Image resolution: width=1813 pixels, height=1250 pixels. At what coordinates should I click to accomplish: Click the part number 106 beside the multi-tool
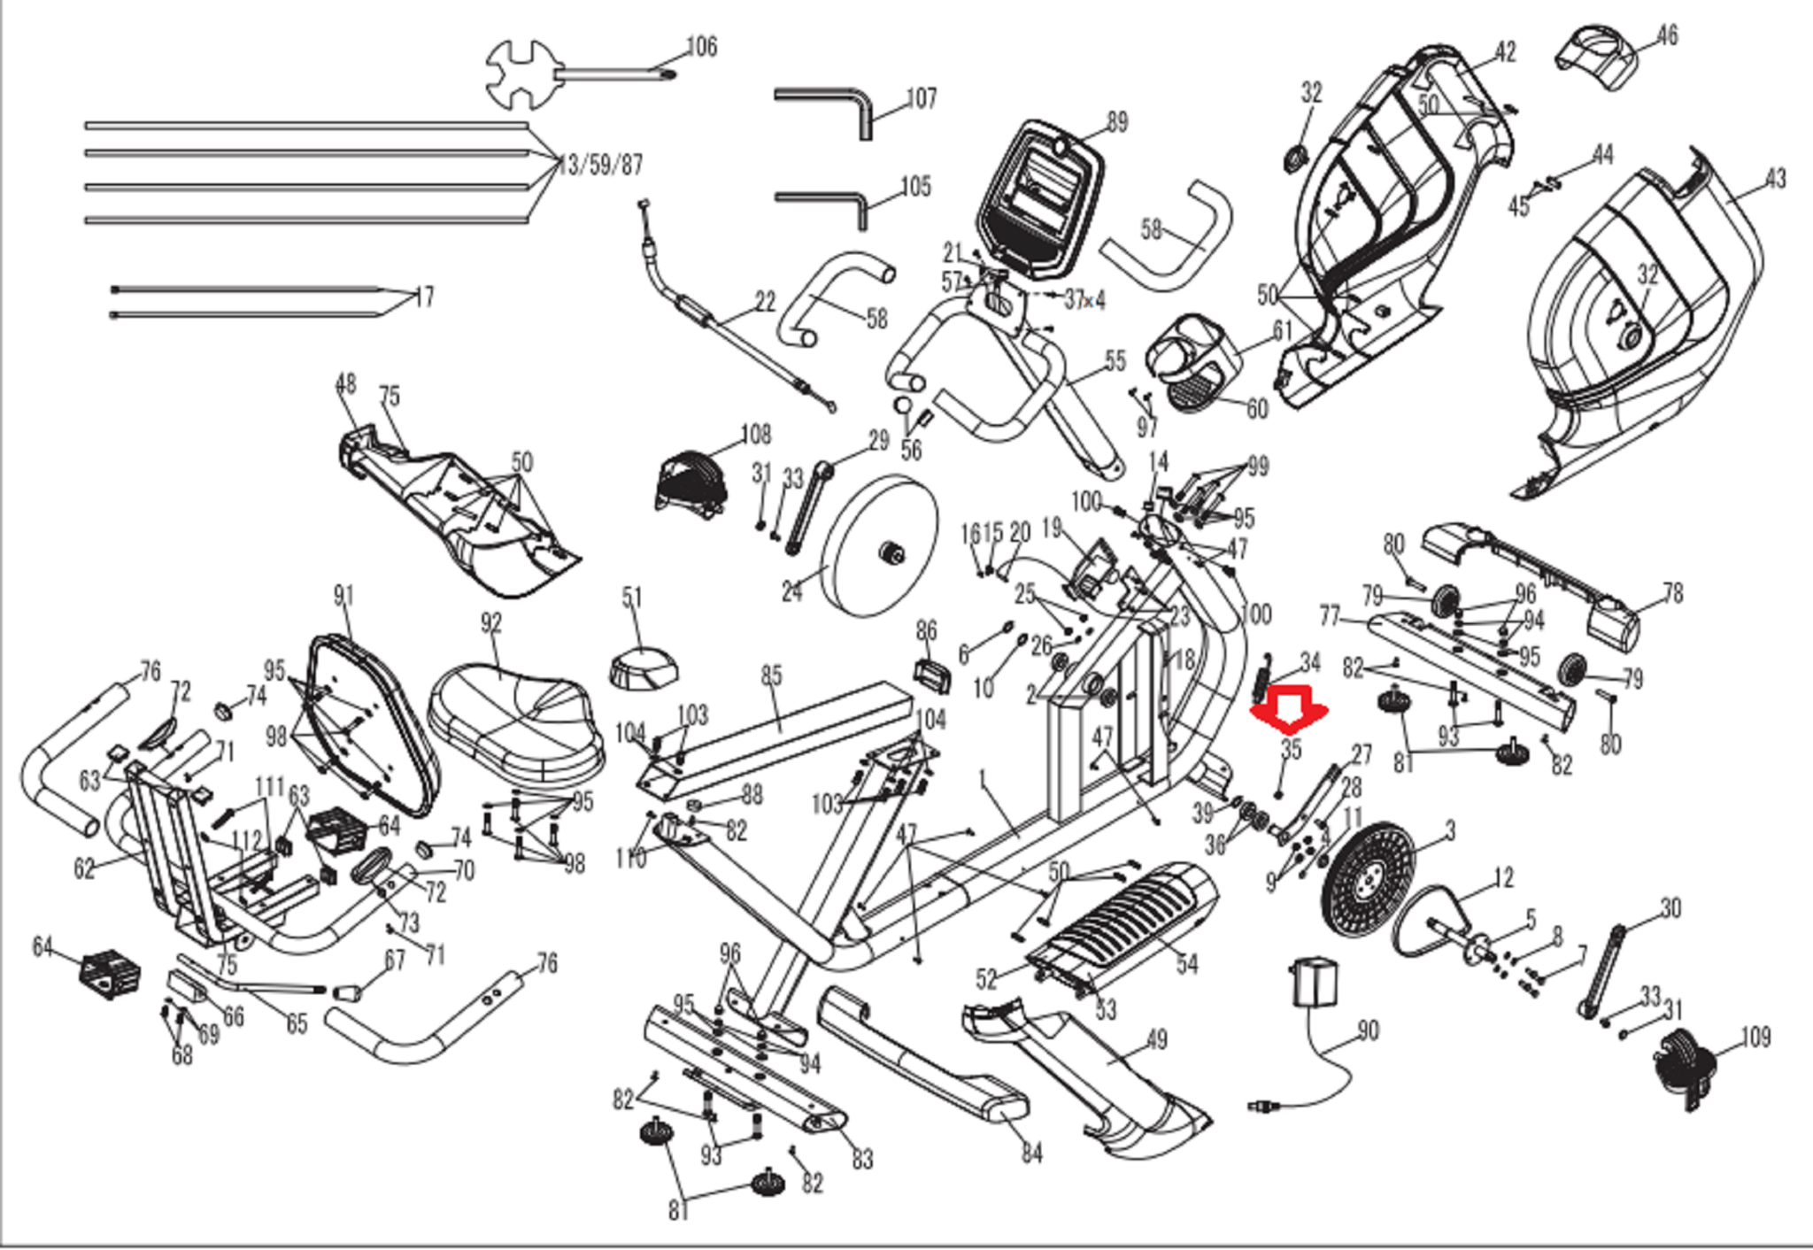[x=701, y=46]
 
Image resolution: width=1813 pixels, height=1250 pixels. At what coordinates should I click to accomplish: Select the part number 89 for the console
[x=1117, y=122]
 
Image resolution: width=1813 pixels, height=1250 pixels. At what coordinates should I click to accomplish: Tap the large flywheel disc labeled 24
[x=881, y=547]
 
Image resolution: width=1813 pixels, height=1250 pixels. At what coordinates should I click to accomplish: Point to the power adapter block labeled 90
[x=1315, y=982]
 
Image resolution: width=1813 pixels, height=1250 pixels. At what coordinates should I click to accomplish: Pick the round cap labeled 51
[x=644, y=665]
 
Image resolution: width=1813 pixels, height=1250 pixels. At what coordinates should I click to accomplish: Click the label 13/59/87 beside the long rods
[x=600, y=166]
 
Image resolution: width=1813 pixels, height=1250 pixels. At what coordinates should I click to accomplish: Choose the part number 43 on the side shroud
[x=1775, y=179]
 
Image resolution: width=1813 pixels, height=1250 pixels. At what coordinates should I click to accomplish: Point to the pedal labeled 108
[x=690, y=482]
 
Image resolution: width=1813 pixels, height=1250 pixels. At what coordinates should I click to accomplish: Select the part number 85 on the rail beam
[x=771, y=676]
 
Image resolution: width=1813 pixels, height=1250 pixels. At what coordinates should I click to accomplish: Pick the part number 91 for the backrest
[x=343, y=596]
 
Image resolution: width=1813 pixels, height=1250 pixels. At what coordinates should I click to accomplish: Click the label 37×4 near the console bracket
[x=1084, y=300]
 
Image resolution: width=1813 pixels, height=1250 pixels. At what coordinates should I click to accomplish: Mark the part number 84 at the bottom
[x=1031, y=1153]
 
